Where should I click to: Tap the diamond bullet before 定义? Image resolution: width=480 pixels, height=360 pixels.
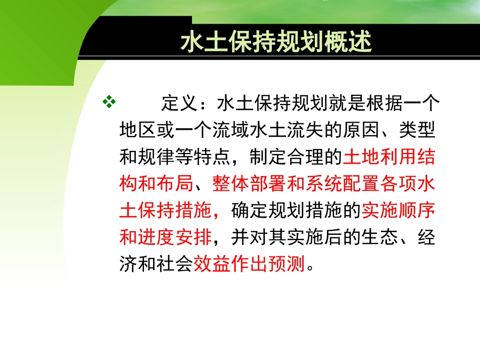coord(108,102)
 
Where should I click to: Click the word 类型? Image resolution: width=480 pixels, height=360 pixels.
coord(420,131)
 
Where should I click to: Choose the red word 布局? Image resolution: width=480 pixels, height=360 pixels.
coord(175,184)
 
